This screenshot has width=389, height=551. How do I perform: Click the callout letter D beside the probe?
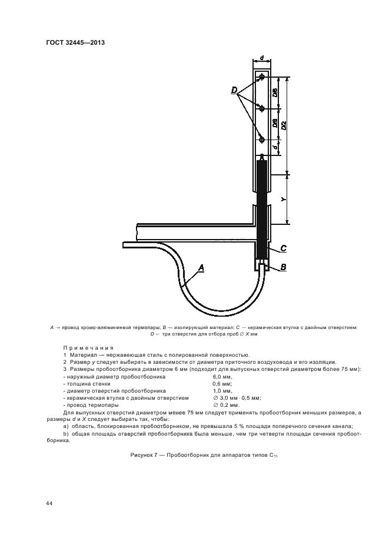234,90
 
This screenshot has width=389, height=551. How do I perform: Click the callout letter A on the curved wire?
201,268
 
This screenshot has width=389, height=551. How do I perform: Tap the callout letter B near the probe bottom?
283,267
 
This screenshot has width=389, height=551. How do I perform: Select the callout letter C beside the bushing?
283,248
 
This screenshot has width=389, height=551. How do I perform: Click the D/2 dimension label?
283,125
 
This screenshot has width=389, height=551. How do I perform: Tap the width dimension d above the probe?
261,58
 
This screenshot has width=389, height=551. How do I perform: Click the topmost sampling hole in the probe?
262,77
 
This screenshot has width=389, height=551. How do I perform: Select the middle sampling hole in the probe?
262,108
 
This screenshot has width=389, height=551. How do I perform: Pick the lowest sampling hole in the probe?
262,140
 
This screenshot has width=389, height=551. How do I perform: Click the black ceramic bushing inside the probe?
262,206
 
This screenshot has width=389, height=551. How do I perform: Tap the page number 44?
49,503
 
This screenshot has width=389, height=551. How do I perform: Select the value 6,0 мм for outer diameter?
222,376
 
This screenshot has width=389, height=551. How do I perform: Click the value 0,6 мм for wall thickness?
222,383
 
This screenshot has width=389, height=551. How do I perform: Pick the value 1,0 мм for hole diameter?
222,391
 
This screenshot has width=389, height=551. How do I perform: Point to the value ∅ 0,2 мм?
226,406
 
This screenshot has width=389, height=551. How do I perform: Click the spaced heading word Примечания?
88,347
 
